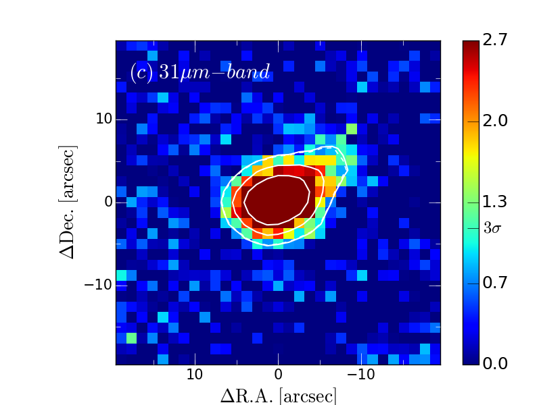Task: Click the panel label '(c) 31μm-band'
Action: click(x=199, y=72)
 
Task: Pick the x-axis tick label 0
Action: click(x=278, y=375)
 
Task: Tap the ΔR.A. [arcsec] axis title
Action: click(x=278, y=395)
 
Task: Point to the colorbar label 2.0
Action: click(x=499, y=121)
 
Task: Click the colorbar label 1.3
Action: click(x=499, y=202)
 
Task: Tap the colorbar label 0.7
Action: click(x=499, y=283)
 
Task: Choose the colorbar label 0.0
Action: click(x=499, y=364)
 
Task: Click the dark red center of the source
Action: click(x=277, y=200)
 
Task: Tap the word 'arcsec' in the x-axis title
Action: click(x=308, y=395)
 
